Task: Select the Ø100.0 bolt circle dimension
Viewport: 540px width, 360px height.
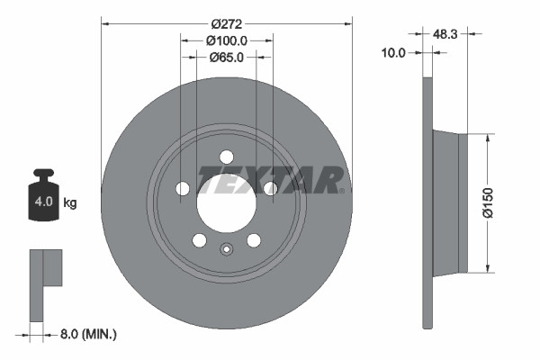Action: pos(227,40)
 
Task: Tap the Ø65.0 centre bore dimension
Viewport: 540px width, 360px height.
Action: pos(228,58)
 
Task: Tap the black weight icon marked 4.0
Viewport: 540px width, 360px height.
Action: pos(42,196)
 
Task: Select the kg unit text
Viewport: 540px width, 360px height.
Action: pos(70,202)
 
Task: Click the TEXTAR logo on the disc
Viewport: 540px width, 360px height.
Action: pos(271,179)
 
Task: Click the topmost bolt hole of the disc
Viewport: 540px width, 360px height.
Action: pos(227,156)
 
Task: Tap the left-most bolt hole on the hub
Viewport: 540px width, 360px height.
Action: pos(183,188)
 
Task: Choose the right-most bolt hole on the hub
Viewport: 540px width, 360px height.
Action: pos(270,188)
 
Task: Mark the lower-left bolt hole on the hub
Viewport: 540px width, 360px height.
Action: pos(199,239)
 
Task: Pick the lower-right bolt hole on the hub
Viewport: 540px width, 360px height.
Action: pos(254,239)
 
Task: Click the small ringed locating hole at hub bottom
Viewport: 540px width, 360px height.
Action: pos(227,249)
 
